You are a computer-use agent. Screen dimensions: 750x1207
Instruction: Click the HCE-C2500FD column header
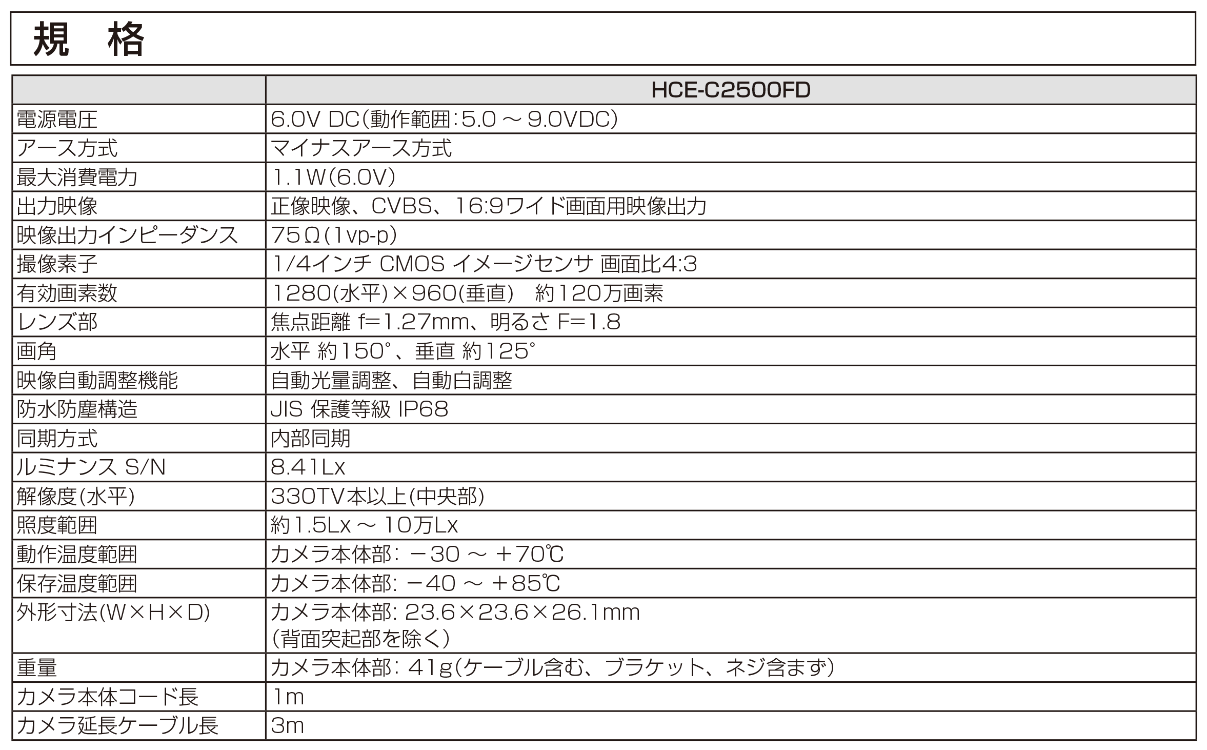730,90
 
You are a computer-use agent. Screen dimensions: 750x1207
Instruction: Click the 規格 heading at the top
88,40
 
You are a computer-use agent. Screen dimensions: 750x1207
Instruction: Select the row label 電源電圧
57,120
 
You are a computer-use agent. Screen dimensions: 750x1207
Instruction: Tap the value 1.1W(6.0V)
333,178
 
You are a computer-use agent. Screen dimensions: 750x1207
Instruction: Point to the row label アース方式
67,149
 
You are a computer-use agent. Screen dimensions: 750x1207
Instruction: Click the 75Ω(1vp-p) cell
334,235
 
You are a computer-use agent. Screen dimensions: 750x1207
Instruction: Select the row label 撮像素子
57,265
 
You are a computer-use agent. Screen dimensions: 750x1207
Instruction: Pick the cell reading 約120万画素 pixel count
598,293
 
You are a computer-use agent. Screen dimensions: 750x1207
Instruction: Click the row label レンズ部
57,323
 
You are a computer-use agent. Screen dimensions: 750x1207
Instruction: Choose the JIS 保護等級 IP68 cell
359,409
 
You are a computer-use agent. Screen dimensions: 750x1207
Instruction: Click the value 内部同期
311,439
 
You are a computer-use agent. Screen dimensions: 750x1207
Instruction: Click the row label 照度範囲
57,525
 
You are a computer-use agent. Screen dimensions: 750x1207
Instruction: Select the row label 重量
37,667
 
